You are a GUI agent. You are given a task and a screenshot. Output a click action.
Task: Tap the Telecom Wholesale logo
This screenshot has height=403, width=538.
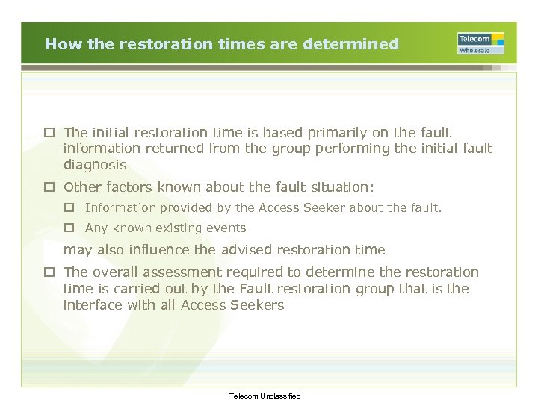point(480,43)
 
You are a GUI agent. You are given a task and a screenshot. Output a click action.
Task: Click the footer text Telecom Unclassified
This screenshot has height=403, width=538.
point(265,396)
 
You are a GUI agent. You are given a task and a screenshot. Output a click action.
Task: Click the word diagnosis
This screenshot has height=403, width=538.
point(95,165)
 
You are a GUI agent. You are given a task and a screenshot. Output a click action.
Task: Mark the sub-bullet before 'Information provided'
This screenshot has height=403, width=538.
point(70,208)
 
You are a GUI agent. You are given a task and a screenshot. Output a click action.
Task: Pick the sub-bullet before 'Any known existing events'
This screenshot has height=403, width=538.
point(70,228)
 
